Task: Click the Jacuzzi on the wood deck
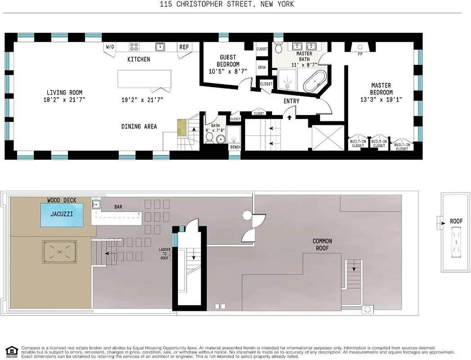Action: (62, 215)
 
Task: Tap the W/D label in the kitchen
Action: (110, 47)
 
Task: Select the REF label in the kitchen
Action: (184, 47)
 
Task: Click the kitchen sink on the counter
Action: (159, 46)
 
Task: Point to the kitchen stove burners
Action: (134, 46)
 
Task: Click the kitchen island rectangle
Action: (145, 79)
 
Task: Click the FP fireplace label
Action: (360, 54)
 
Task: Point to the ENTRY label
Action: (291, 101)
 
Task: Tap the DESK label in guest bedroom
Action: (262, 67)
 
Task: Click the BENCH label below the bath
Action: (235, 147)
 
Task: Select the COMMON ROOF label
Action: (322, 245)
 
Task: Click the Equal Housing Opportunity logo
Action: (12, 351)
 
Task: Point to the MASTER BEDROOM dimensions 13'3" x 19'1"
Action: (381, 99)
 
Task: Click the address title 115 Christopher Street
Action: (227, 4)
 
